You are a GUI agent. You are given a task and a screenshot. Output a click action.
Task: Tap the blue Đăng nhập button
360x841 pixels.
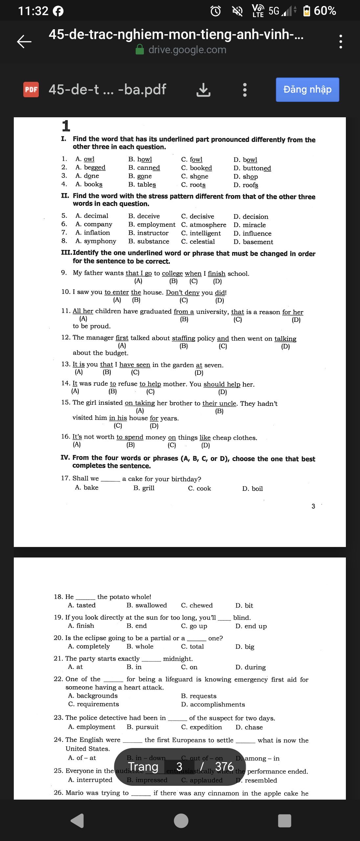[307, 90]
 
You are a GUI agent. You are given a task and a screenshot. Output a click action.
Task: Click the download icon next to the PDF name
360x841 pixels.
[203, 90]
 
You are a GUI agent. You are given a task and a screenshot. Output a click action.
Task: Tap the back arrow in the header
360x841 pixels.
[24, 41]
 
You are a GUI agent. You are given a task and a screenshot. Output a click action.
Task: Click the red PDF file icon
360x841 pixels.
[31, 90]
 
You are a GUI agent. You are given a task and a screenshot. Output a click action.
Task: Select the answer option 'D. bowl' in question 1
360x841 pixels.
[245, 160]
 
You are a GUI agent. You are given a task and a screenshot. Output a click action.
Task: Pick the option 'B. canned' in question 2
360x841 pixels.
[144, 168]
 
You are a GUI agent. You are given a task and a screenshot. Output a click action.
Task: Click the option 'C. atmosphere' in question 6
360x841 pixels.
[204, 225]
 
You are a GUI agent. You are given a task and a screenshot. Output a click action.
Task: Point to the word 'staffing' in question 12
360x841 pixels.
[183, 338]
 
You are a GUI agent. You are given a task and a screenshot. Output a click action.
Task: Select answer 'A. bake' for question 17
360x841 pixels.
[87, 488]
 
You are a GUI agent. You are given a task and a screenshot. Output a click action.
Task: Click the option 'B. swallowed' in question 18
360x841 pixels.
[147, 605]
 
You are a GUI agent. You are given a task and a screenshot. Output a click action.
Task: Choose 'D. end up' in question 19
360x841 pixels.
[251, 626]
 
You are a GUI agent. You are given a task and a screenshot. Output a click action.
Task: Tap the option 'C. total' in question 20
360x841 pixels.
[192, 647]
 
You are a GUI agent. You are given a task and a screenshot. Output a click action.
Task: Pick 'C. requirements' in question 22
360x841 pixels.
[94, 704]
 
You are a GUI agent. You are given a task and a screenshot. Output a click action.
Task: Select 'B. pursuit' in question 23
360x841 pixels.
[143, 727]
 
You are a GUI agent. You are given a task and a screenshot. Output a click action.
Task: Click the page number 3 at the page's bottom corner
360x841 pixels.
[313, 506]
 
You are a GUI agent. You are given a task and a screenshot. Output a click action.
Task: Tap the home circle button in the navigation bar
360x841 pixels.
[181, 821]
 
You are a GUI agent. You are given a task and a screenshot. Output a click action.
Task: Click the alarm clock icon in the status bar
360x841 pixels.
[215, 11]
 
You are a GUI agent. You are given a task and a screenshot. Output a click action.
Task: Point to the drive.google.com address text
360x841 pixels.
[187, 50]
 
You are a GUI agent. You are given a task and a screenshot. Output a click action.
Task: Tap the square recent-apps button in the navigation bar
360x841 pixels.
[284, 821]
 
